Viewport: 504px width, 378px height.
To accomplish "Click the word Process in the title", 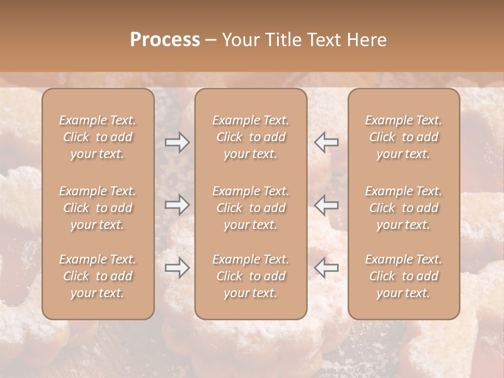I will coord(165,40).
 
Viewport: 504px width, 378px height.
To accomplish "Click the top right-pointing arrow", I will coord(177,142).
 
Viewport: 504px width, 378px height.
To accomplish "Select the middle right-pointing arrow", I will coord(177,205).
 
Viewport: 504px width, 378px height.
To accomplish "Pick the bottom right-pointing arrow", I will coord(177,268).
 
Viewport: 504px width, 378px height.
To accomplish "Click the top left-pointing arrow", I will coord(327,142).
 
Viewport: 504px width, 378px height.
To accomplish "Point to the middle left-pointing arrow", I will coord(327,205).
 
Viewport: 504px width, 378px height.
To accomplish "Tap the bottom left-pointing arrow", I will coord(327,268).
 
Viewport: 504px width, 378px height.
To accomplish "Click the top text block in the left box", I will coord(98,137).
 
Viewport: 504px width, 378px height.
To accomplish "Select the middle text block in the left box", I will coord(98,208).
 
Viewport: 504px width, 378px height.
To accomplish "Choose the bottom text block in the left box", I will coord(98,276).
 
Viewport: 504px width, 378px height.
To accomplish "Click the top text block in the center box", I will coord(251,137).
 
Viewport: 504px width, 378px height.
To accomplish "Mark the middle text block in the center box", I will coord(251,208).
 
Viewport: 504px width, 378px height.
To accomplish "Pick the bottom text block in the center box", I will coord(251,276).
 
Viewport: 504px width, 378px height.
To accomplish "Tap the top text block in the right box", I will coord(404,137).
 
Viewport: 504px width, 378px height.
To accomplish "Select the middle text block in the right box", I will coord(404,208).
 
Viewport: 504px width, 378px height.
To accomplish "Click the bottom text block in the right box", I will coord(404,276).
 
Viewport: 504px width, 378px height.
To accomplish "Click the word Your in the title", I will coord(240,40).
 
